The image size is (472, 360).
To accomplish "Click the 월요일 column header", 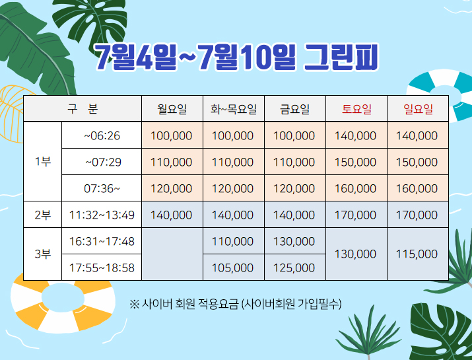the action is click(172, 109).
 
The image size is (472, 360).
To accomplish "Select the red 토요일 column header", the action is click(356, 109).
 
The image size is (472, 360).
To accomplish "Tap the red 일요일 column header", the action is click(418, 109).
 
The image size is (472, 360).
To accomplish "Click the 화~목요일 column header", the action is click(233, 109).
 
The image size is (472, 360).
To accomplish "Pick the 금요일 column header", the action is click(294, 109).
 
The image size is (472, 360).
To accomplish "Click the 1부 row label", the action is click(42, 162).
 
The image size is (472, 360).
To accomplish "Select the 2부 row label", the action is click(42, 215).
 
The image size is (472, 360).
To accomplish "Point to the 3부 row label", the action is click(42, 254).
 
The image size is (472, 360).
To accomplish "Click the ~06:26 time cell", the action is click(102, 136).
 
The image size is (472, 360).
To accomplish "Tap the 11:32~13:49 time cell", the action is click(102, 215).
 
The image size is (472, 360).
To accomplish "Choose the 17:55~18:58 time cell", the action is click(102, 268).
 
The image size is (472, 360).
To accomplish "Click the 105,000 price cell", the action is click(232, 268).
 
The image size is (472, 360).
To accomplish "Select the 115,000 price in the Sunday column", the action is click(417, 254).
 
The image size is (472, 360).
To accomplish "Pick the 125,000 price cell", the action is click(294, 268).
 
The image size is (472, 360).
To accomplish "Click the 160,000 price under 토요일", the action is click(356, 188).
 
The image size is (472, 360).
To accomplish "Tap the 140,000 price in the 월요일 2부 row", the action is click(171, 215).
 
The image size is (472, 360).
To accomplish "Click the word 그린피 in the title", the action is click(341, 57).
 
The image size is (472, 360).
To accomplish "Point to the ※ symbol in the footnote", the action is click(134, 304).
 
